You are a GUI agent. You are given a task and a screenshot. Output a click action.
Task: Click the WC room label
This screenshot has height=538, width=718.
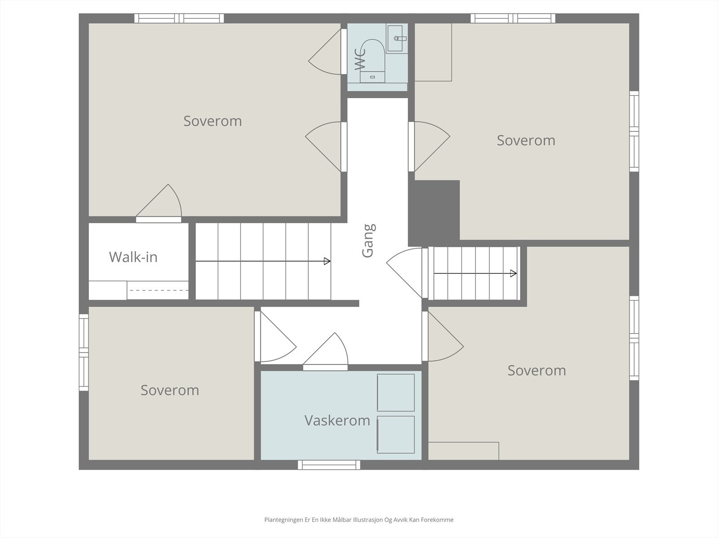click(360, 59)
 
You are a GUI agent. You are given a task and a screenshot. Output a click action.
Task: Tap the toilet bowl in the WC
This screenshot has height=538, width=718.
click(372, 56)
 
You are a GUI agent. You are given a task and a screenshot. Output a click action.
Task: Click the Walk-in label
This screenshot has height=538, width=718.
click(133, 257)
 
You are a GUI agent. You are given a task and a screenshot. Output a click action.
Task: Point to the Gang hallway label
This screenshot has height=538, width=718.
click(368, 241)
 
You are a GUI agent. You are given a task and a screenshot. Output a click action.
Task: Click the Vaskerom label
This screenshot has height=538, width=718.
click(337, 421)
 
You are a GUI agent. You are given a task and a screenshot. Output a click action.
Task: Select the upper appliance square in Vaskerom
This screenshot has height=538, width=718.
click(395, 393)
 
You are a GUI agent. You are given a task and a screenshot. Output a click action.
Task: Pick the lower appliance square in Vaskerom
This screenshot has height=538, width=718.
click(395, 434)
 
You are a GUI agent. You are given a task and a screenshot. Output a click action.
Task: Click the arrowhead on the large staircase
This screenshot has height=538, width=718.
click(328, 261)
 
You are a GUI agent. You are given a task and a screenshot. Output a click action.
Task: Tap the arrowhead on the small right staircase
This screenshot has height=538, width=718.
click(513, 273)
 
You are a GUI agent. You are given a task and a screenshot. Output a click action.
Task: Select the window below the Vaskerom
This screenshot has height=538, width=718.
click(329, 465)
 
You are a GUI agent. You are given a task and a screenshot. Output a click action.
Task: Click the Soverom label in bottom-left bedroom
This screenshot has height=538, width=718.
click(170, 390)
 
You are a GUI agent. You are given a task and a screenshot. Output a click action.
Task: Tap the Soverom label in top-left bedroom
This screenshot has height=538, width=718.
click(212, 121)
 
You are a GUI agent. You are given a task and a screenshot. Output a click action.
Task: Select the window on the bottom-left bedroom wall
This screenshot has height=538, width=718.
click(83, 352)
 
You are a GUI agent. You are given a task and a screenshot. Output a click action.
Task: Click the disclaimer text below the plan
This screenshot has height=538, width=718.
click(359, 520)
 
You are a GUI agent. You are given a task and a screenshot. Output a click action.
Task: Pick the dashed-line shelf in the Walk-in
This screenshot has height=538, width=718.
click(158, 291)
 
